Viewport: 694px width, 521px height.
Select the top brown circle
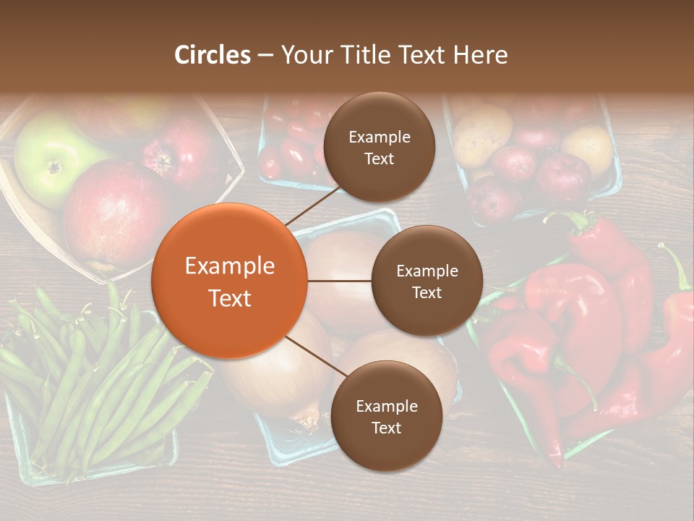[x=379, y=148]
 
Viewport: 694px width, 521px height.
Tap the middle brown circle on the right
[x=427, y=281]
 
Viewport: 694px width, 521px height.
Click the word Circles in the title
[x=212, y=54]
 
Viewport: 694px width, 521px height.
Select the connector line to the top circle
[x=312, y=205]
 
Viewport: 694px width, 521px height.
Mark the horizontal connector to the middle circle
[x=339, y=281]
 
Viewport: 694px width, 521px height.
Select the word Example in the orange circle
[x=229, y=266]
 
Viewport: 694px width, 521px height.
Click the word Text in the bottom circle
[x=386, y=428]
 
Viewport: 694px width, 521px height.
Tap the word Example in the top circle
[x=379, y=137]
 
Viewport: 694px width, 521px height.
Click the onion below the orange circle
[x=275, y=384]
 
